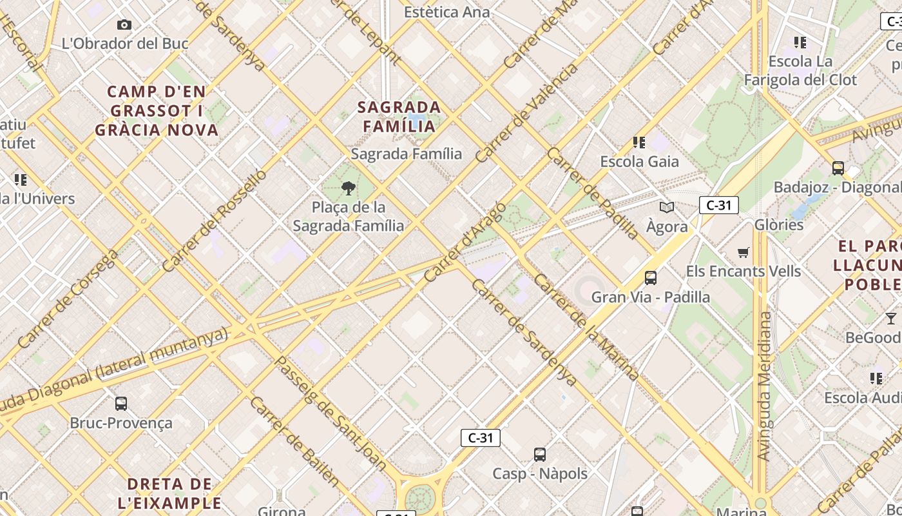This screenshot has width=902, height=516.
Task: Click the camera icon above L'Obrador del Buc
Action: pos(124,25)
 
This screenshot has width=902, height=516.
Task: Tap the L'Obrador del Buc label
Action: pos(125,44)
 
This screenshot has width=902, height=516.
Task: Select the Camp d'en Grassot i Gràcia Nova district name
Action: pos(157,110)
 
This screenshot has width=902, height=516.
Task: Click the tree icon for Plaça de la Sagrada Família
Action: pos(349,188)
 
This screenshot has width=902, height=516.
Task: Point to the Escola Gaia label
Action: pos(639,161)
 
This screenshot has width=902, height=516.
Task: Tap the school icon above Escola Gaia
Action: pos(638,142)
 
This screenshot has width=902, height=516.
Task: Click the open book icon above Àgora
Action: pos(667,208)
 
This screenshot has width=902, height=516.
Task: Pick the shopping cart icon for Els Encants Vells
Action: pos(744,252)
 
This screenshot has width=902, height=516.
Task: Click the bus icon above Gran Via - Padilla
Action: pos(651,278)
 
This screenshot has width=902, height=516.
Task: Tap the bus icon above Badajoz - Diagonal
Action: pos(838,168)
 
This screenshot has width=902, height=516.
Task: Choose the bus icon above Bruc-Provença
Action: pos(121,404)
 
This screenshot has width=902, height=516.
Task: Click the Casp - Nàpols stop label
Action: pos(540,473)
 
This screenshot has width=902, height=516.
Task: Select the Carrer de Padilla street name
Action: pos(592,193)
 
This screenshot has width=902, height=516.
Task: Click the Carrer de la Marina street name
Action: pos(586,327)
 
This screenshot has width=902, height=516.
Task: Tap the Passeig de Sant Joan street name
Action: pos(331,412)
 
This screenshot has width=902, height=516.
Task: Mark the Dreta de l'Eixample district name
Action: pos(170,493)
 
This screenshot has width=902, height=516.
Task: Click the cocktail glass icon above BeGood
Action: pos(890,319)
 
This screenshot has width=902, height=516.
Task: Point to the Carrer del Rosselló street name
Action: pos(214,221)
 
